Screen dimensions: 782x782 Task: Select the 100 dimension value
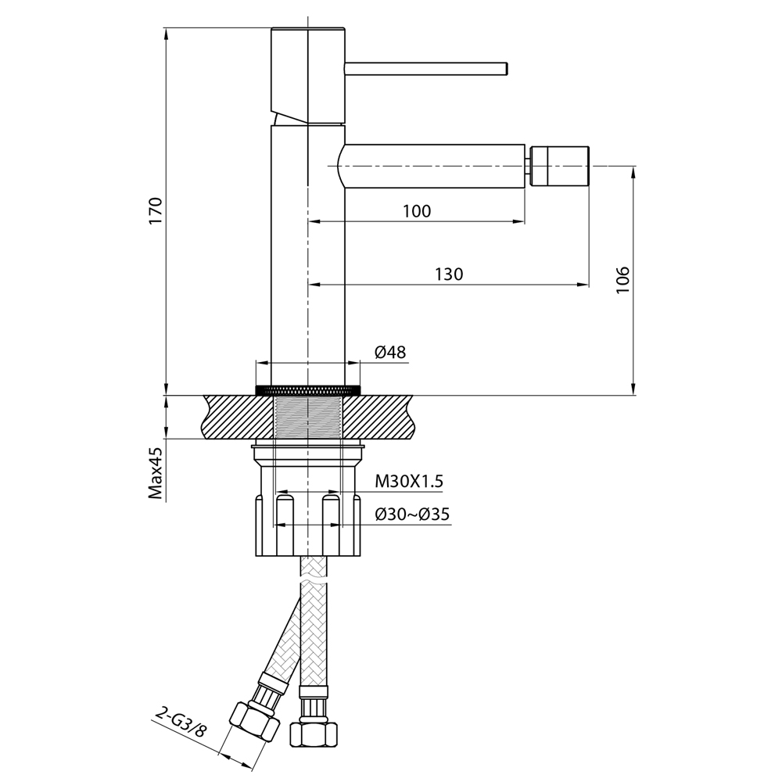click(417, 211)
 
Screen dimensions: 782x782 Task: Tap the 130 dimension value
click(449, 274)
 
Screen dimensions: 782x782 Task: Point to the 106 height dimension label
click(623, 280)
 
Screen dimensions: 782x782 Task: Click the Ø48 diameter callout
click(390, 353)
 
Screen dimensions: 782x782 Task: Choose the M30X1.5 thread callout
click(409, 481)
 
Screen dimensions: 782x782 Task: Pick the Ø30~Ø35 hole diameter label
click(412, 514)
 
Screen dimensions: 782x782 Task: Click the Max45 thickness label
click(156, 473)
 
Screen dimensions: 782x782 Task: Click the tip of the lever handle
click(507, 69)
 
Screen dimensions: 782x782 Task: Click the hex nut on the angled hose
click(254, 722)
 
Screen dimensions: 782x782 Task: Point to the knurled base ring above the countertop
click(307, 389)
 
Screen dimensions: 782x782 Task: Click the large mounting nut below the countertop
click(307, 524)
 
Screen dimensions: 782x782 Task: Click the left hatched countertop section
click(239, 417)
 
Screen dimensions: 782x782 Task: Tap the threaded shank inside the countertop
click(308, 417)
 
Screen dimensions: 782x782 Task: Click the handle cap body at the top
click(308, 75)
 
